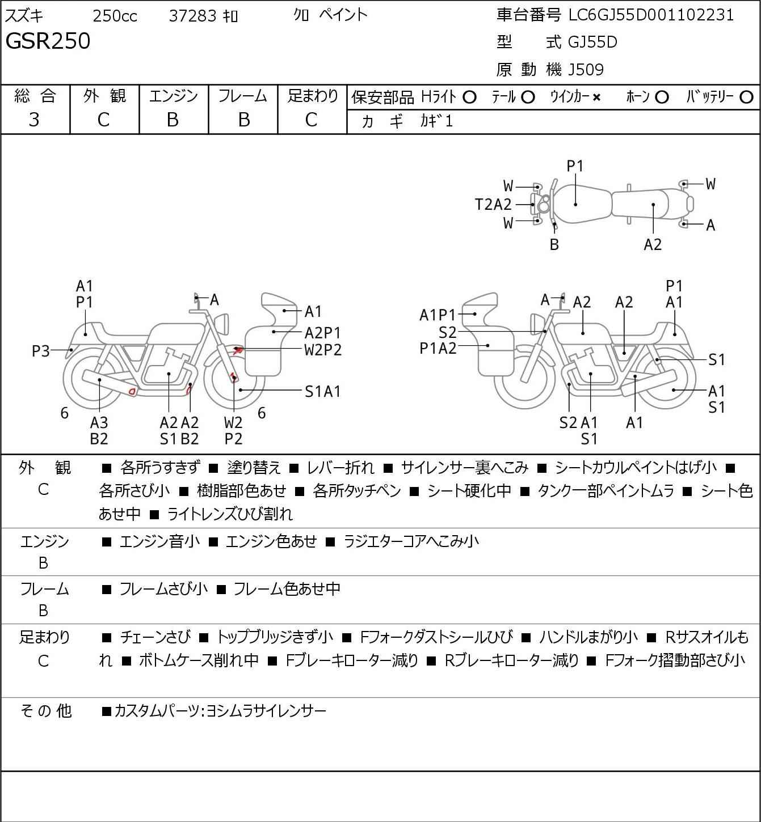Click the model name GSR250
tap(48, 41)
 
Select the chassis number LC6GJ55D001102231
tap(651, 15)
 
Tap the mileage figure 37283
tap(193, 16)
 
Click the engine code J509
tap(586, 70)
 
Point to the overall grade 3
tap(34, 120)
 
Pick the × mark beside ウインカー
tap(596, 98)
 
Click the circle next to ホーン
tap(662, 98)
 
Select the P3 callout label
tap(41, 351)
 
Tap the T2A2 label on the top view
tap(493, 205)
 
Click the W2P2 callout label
tap(323, 350)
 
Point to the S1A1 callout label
tap(323, 392)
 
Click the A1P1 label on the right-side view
tap(438, 315)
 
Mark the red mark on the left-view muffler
tap(133, 391)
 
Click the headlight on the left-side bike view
tap(222, 324)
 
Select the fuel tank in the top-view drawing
tap(582, 204)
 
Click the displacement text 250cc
tap(115, 16)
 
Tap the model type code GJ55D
tap(592, 42)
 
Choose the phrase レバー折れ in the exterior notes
tap(340, 468)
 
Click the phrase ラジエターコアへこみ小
tap(411, 541)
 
